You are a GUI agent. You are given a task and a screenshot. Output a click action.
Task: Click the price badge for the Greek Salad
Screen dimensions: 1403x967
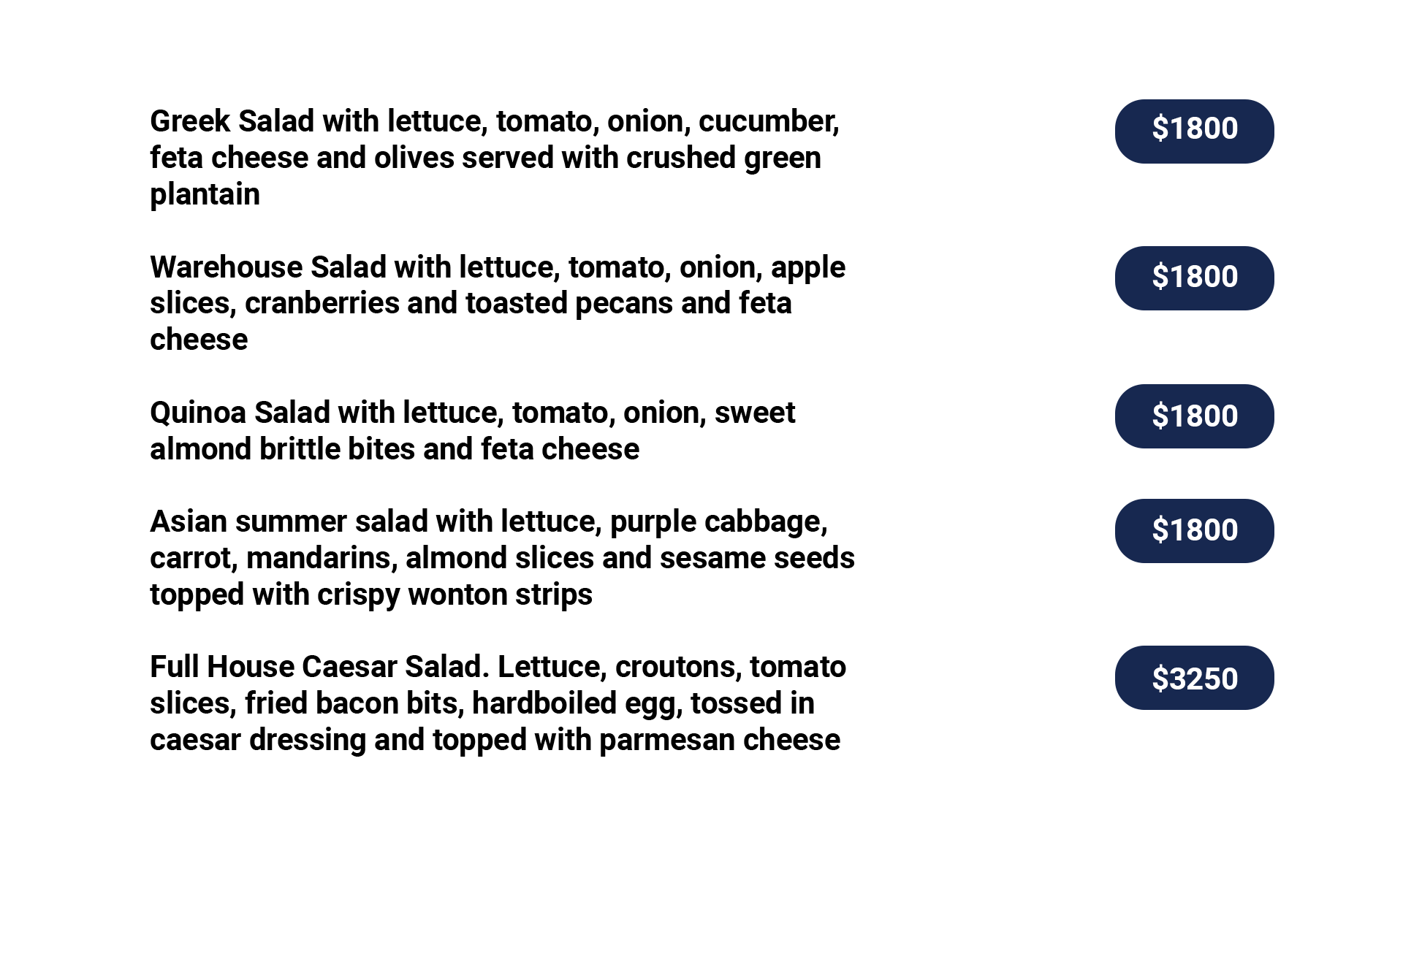[1194, 131]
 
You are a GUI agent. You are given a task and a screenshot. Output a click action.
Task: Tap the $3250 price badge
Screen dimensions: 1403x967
[1194, 678]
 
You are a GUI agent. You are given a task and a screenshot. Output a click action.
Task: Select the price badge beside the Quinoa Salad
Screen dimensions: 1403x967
[1194, 416]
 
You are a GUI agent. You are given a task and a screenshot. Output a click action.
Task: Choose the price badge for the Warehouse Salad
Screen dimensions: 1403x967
[1194, 278]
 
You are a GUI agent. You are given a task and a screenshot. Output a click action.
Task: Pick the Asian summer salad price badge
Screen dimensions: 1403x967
[1194, 531]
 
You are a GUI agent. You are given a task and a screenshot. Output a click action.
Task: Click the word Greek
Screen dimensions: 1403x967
[190, 121]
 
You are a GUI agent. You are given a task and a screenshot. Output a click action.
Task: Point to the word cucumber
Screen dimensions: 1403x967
[769, 122]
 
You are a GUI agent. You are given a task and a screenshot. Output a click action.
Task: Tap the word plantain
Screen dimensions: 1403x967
[205, 195]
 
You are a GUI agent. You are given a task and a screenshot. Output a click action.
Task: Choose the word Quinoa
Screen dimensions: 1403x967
[198, 413]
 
